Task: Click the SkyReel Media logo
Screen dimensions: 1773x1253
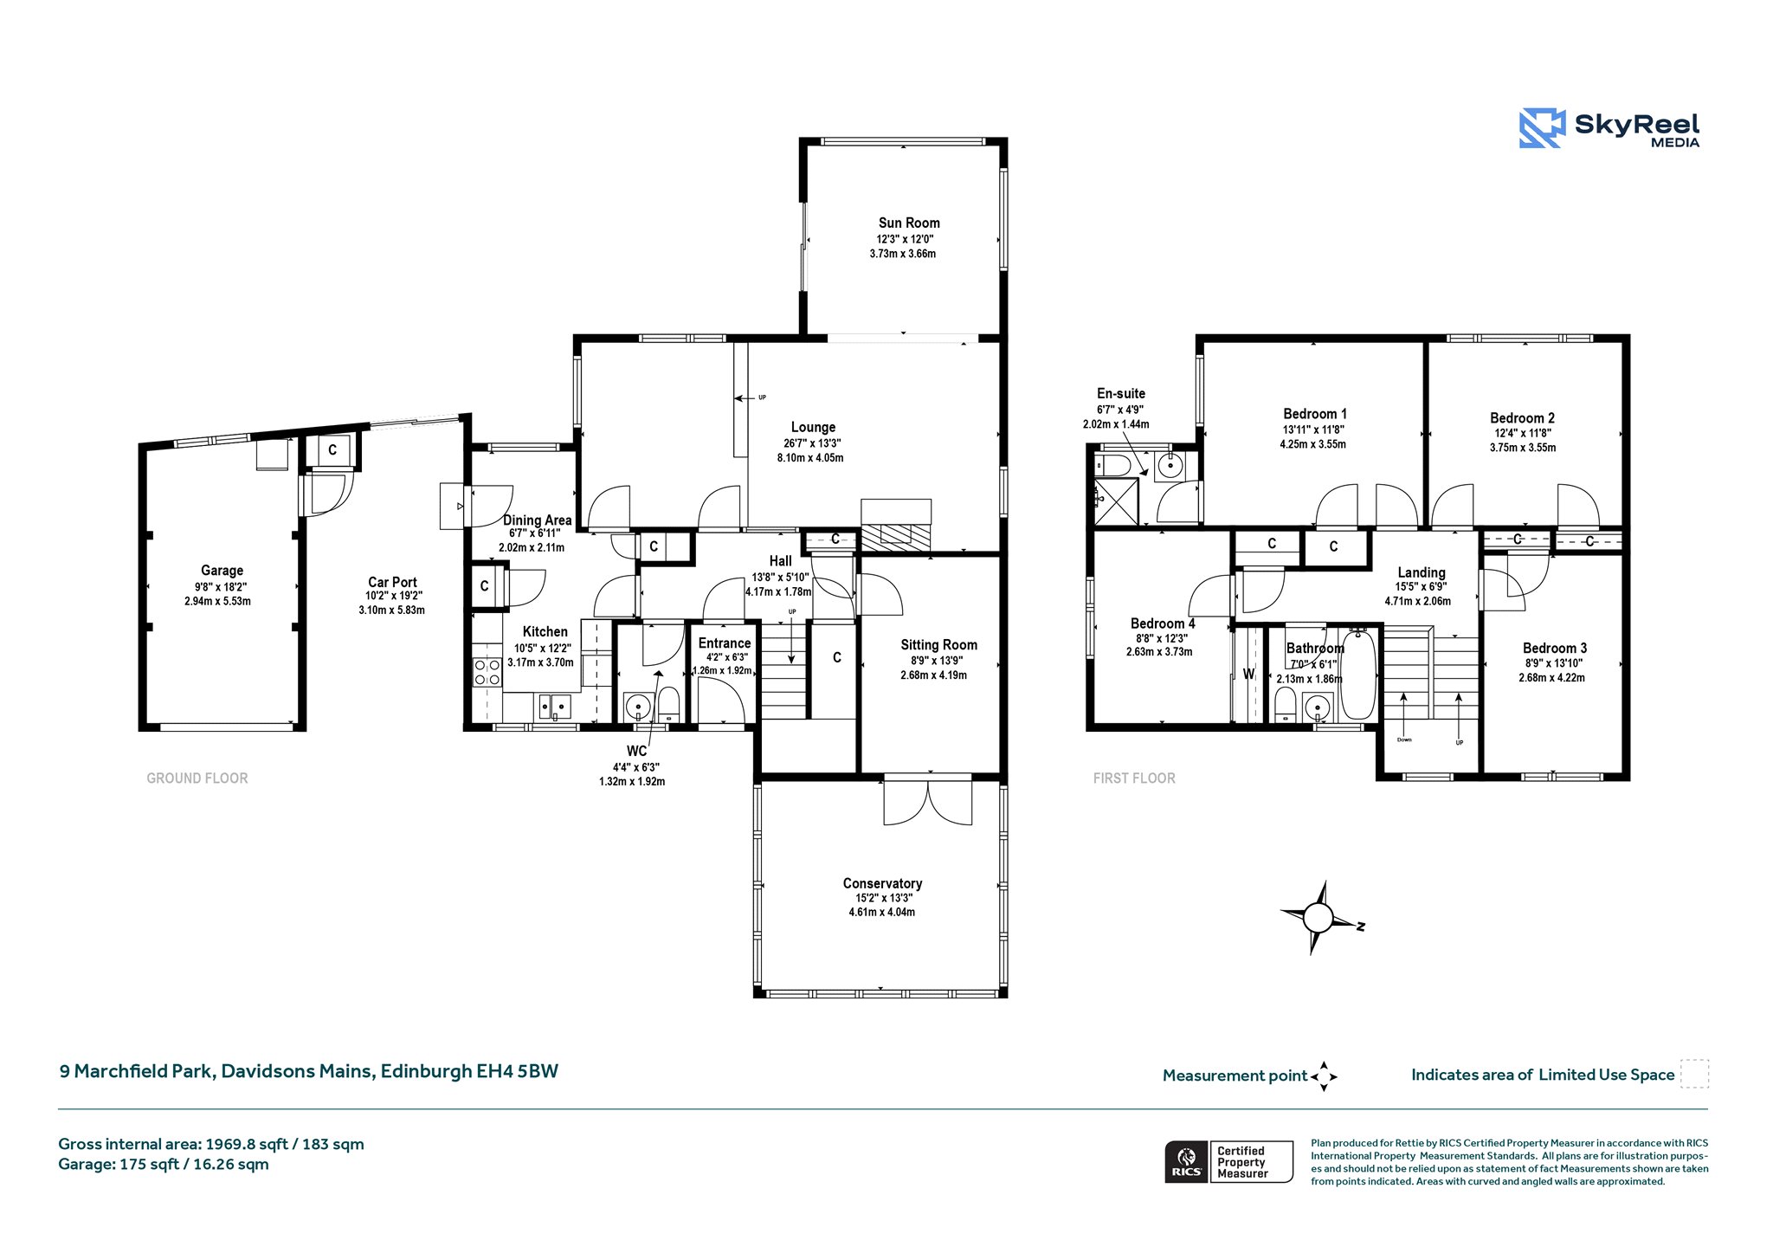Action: click(x=1609, y=128)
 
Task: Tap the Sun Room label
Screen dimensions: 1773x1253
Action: click(x=909, y=223)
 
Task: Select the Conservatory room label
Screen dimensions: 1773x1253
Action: click(x=882, y=883)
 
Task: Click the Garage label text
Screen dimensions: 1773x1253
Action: click(x=222, y=570)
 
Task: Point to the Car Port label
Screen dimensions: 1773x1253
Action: click(x=392, y=582)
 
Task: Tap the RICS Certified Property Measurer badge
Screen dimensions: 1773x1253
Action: click(x=1228, y=1161)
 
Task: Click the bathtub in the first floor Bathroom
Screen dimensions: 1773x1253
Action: click(x=1357, y=675)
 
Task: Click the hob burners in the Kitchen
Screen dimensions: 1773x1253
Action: click(x=487, y=672)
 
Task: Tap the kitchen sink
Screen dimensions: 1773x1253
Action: click(x=554, y=707)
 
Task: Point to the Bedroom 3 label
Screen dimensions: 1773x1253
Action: click(x=1555, y=648)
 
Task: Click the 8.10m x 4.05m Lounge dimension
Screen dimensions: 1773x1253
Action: click(x=810, y=457)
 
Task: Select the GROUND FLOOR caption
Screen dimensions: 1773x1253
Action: click(x=197, y=778)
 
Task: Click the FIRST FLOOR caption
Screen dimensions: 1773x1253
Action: click(x=1134, y=778)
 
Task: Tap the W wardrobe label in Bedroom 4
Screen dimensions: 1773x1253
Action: click(x=1248, y=674)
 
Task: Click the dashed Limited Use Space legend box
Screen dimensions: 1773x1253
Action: click(x=1694, y=1074)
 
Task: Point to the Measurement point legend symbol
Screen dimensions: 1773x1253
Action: click(x=1324, y=1076)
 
